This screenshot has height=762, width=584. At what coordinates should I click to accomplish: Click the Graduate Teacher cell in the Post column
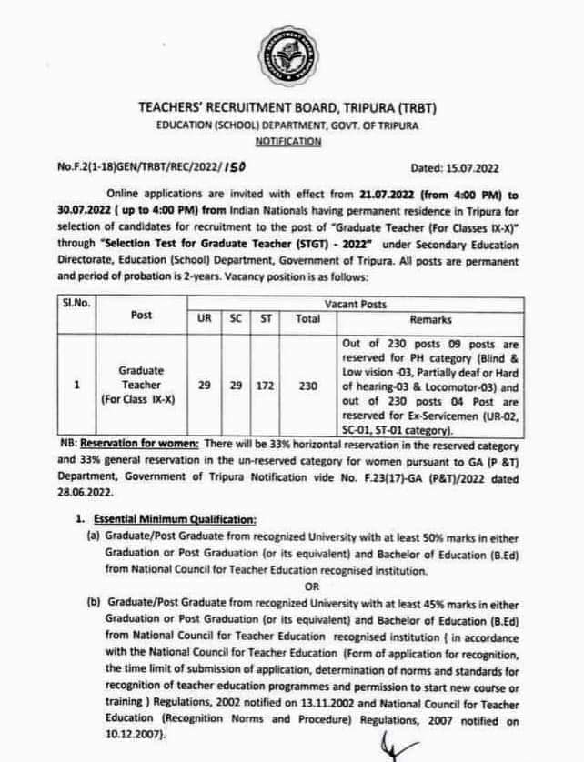(141, 386)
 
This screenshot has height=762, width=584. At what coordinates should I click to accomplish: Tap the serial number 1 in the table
(76, 386)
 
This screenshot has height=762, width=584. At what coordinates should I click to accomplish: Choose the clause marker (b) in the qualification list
(93, 603)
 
